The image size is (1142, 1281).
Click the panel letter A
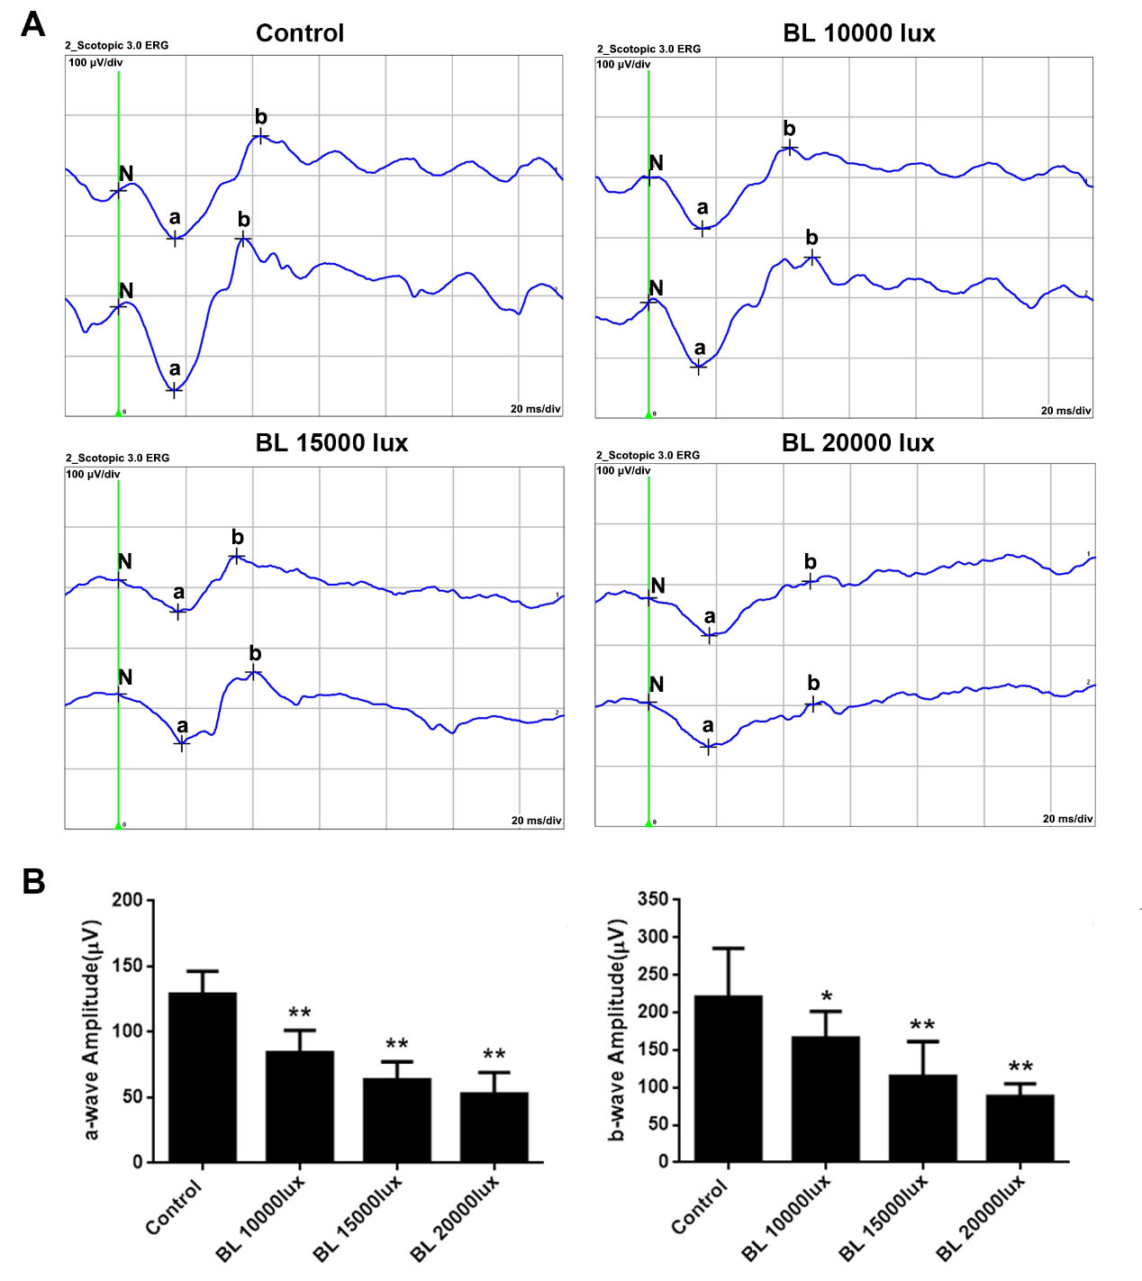point(33,24)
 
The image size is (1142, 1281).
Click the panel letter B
point(33,881)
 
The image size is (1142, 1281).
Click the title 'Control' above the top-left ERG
point(300,33)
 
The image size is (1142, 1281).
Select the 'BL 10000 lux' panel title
point(859,33)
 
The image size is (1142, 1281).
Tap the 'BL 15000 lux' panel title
point(331,443)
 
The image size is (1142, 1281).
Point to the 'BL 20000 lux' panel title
point(858,443)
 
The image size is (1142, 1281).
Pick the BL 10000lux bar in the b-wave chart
point(825,1099)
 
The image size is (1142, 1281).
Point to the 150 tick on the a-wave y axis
point(127,966)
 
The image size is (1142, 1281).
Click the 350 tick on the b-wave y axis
point(653,899)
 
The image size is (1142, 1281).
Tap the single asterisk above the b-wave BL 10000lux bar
point(826,997)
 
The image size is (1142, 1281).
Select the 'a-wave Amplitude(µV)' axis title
point(91,1030)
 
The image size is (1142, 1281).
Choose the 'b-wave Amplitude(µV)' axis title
point(617,1030)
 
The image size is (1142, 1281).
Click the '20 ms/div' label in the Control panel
point(535,409)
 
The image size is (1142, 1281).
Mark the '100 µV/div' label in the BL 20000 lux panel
point(623,470)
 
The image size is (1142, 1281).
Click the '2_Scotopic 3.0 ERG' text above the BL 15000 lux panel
point(117,458)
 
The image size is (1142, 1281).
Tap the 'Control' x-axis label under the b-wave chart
point(699,1208)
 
